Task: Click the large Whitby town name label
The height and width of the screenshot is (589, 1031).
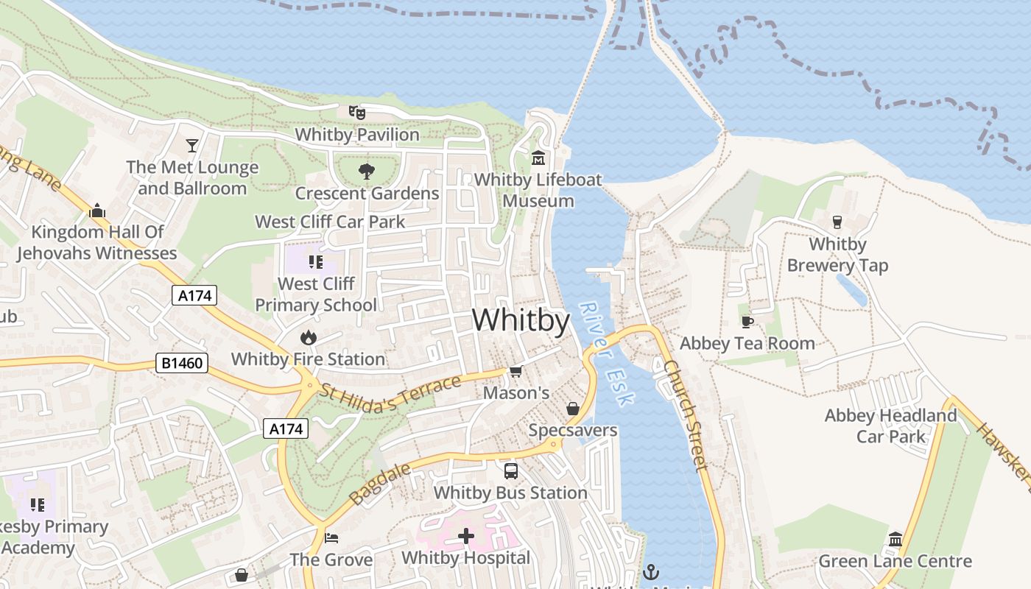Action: [x=521, y=320]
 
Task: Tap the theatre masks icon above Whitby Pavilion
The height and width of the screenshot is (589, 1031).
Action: [x=357, y=113]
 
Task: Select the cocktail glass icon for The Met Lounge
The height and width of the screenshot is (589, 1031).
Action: [x=192, y=145]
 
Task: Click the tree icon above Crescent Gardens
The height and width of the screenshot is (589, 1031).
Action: [x=366, y=172]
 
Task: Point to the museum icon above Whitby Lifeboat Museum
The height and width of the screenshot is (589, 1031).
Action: [x=538, y=158]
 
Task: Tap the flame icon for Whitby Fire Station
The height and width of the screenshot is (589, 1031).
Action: [x=308, y=338]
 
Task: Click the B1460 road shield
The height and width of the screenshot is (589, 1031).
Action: [x=182, y=363]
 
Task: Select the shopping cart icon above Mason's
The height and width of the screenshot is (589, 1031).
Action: [x=516, y=371]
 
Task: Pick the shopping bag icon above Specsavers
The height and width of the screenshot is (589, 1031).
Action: [x=572, y=408]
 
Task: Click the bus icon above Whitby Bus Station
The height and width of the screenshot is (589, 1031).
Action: [x=510, y=470]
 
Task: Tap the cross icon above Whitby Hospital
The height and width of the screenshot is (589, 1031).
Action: [x=465, y=536]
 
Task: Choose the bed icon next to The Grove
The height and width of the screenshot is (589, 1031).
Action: [x=331, y=538]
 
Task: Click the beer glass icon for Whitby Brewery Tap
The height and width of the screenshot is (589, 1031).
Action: [x=837, y=222]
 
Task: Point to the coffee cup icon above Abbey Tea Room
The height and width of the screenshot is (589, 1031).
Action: [x=747, y=322]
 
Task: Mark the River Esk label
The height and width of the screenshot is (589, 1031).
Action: [x=606, y=354]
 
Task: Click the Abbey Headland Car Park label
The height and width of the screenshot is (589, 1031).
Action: [x=890, y=426]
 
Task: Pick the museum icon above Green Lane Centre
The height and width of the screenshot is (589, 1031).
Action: [x=895, y=540]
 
